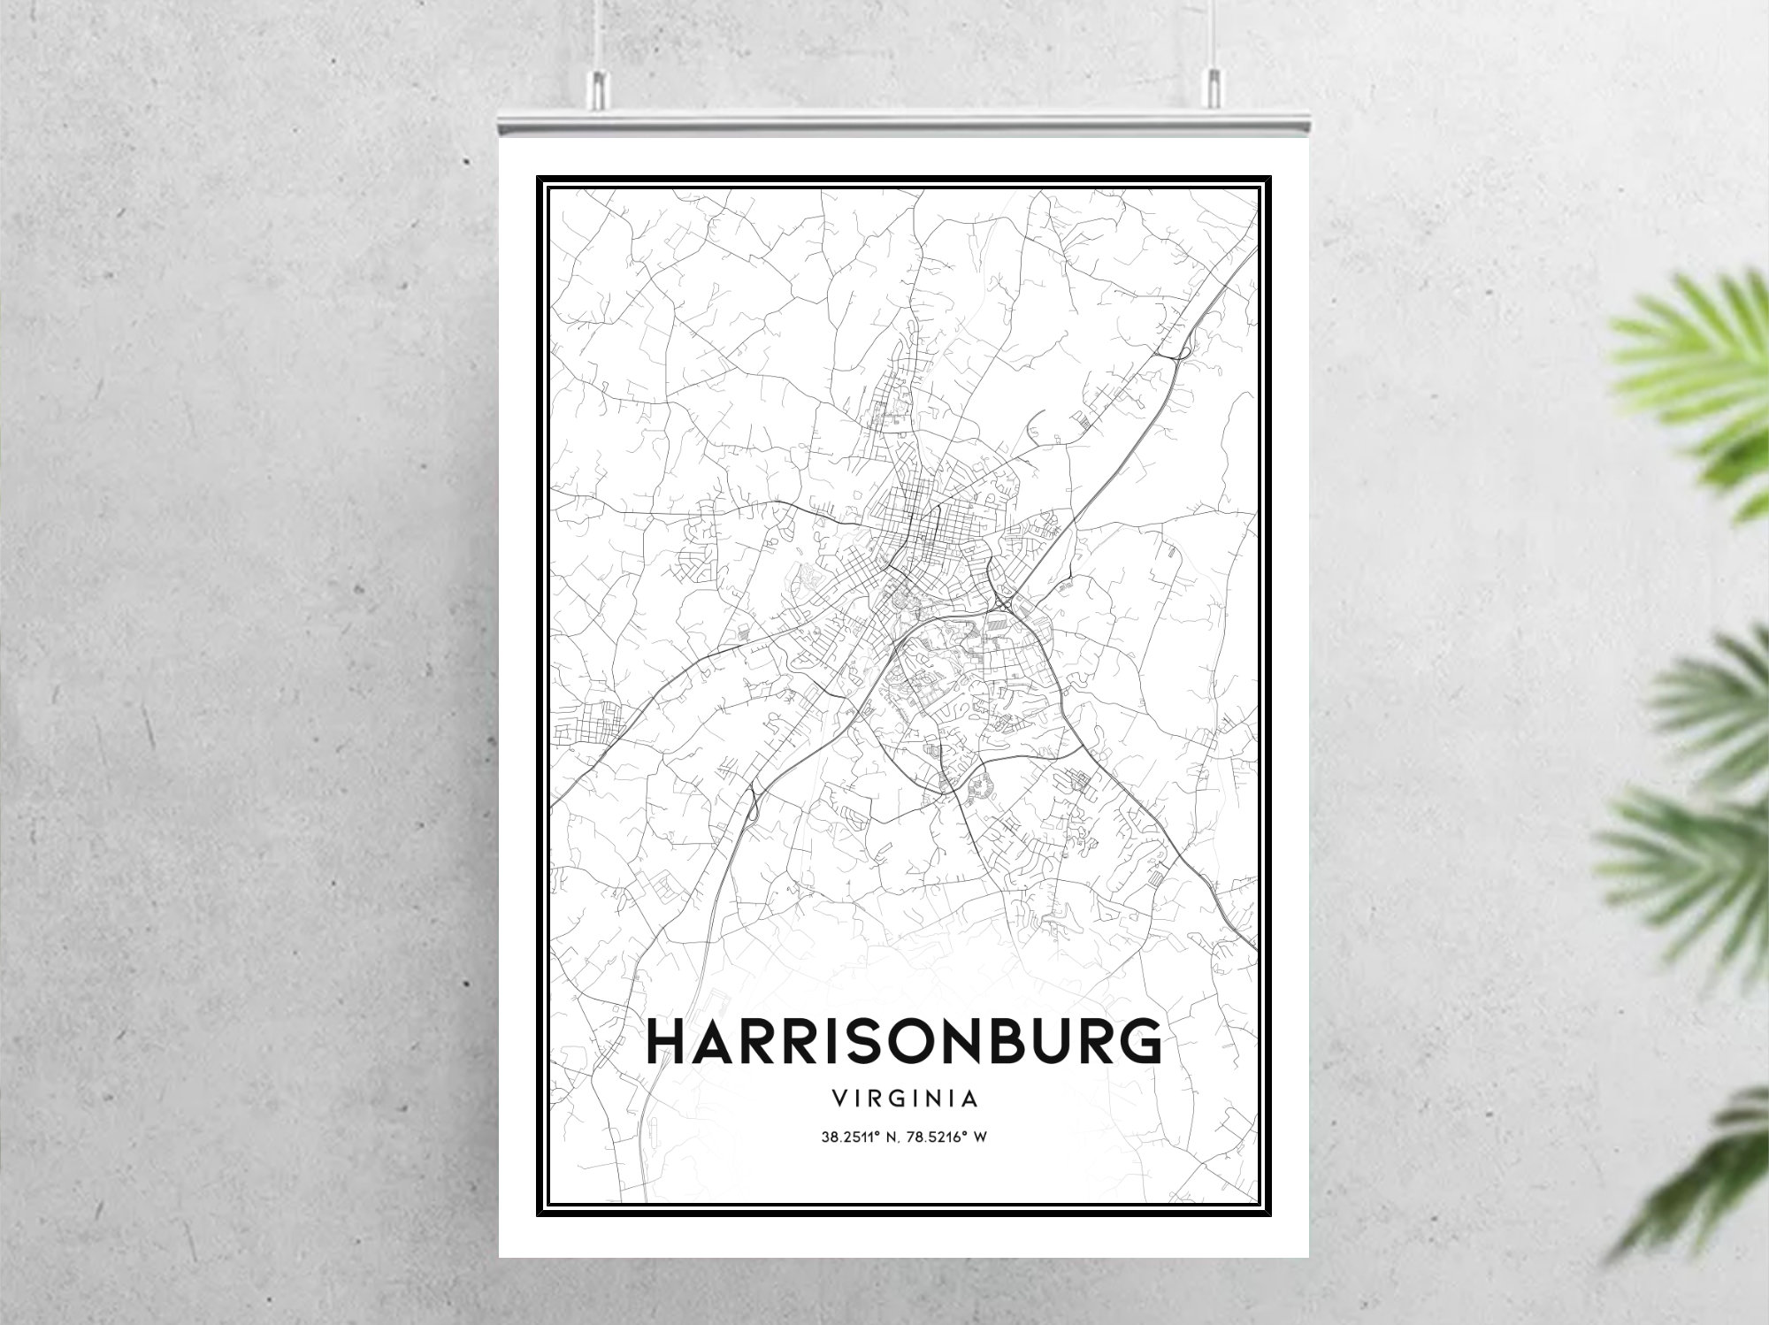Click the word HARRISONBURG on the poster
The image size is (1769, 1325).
[x=904, y=1041]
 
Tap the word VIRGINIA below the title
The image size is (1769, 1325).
[x=904, y=1099]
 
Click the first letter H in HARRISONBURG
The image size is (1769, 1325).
[x=665, y=1041]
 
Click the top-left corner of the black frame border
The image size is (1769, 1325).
[x=539, y=178]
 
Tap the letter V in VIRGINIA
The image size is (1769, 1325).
[x=838, y=1099]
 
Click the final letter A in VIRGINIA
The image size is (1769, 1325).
[x=970, y=1099]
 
